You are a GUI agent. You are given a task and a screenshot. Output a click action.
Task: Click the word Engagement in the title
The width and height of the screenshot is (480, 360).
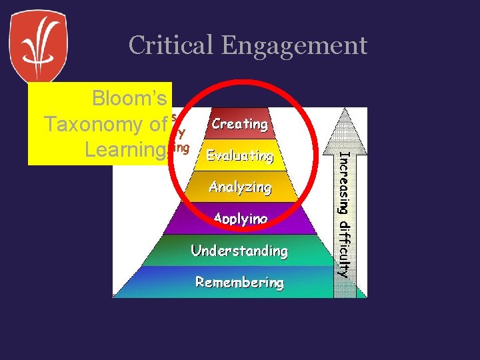pyautogui.click(x=294, y=46)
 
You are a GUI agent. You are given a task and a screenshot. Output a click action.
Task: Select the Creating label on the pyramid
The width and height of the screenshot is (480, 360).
pyautogui.click(x=239, y=124)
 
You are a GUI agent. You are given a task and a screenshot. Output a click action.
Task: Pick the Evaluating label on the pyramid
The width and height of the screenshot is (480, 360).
pyautogui.click(x=240, y=156)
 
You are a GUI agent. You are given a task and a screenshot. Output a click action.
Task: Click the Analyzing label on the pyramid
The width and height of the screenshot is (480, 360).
pyautogui.click(x=240, y=187)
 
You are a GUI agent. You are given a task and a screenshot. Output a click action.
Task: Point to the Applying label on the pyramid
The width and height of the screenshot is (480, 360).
pyautogui.click(x=240, y=219)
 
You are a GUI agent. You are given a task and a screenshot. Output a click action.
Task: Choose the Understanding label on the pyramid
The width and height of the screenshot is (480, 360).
pyautogui.click(x=239, y=251)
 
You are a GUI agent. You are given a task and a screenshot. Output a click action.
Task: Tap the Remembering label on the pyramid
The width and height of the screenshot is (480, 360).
pyautogui.click(x=239, y=283)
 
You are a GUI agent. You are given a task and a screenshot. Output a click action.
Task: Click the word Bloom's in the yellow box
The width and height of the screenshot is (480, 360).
pyautogui.click(x=129, y=99)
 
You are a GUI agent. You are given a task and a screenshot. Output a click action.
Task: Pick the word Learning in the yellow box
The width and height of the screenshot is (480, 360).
pyautogui.click(x=125, y=150)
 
